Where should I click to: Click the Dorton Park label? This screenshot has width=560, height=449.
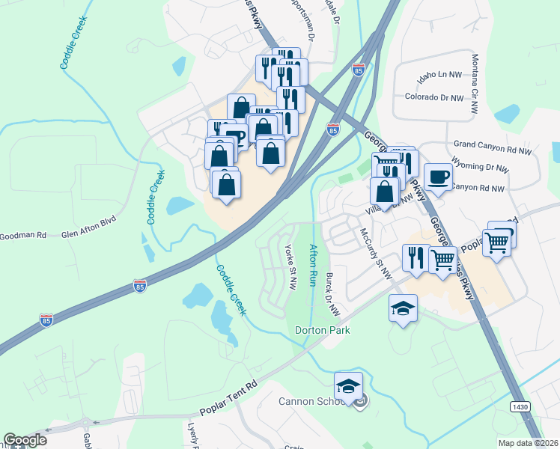[323, 329]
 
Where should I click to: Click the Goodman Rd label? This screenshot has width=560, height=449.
[22, 235]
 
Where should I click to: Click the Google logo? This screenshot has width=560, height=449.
[25, 440]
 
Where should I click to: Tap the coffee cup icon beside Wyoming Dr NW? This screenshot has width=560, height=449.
[438, 177]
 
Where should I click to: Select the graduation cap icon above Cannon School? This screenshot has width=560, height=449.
[348, 385]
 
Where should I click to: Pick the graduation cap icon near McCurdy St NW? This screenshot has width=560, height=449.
[403, 308]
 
